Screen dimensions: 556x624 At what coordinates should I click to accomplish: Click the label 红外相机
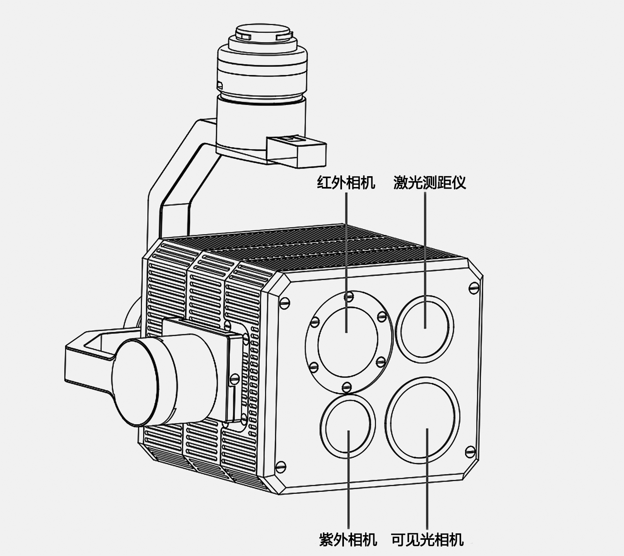346,182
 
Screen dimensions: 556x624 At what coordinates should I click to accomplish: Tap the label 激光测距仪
429,182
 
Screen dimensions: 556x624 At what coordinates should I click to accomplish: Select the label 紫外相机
348,539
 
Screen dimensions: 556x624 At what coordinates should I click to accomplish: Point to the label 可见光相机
427,539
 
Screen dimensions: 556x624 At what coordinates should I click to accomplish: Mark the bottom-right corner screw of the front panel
470,451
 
